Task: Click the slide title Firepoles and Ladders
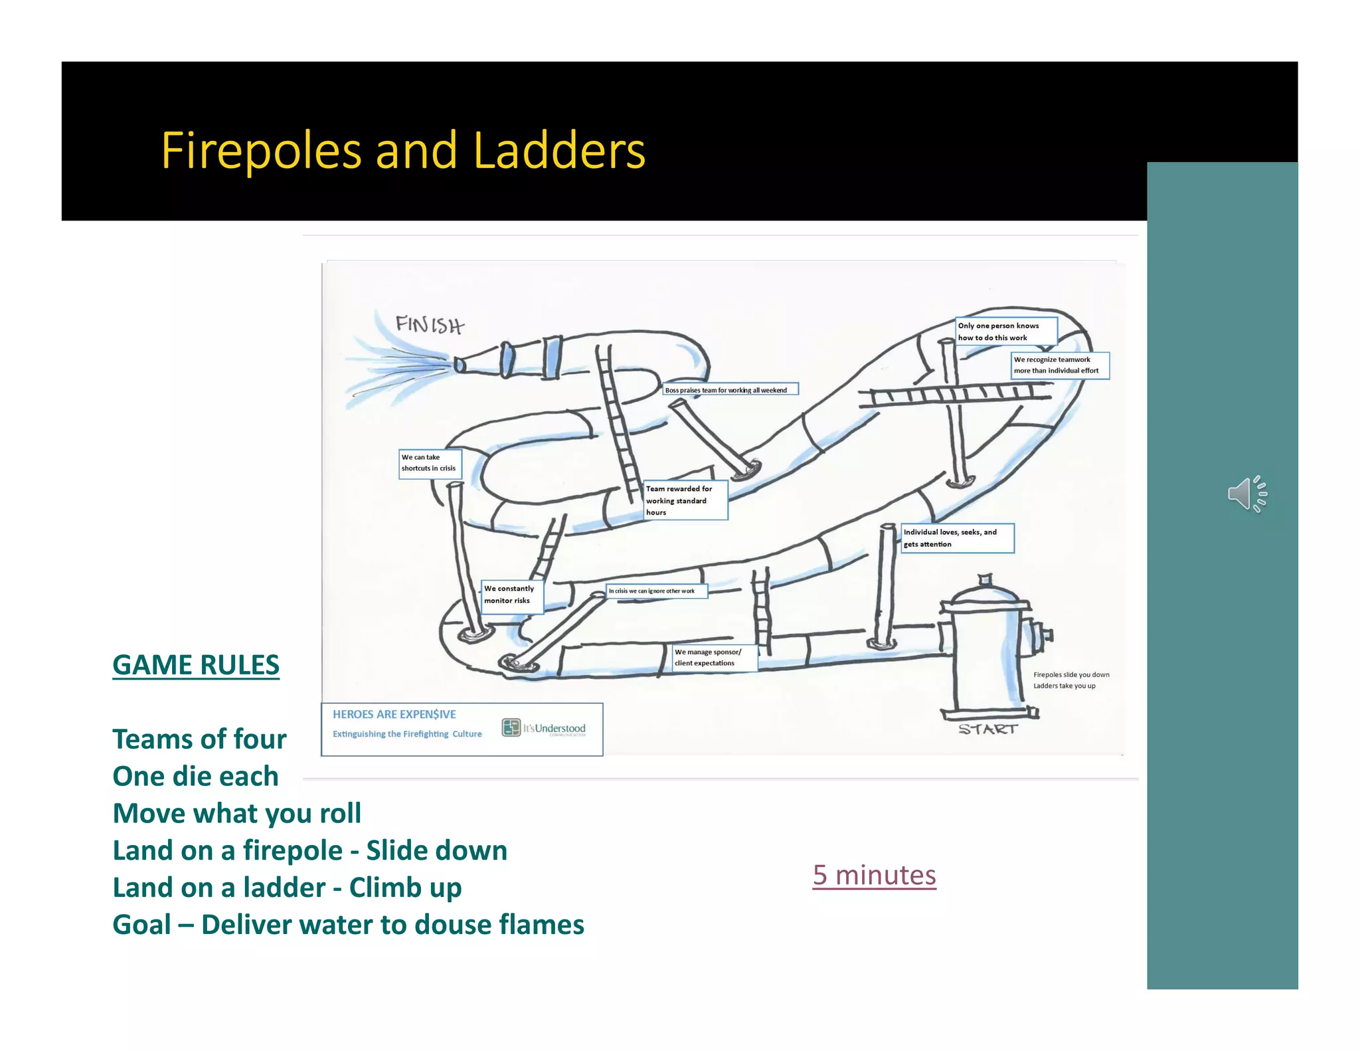point(403,151)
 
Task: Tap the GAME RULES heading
point(196,665)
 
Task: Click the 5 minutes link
point(874,875)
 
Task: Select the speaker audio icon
point(1246,494)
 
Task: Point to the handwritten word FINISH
point(430,325)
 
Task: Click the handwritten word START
point(987,729)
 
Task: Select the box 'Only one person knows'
point(1005,332)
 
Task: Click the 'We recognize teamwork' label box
point(1059,365)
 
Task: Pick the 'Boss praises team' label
point(730,390)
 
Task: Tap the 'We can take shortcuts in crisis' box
point(429,463)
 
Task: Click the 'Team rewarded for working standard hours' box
point(685,500)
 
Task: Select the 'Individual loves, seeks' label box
point(956,538)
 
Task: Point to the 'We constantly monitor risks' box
point(511,595)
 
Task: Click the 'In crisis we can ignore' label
point(656,591)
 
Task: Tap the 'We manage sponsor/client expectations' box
point(714,658)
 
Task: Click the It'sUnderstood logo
point(545,728)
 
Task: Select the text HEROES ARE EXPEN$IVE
point(394,714)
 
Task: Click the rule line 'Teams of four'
point(199,739)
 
